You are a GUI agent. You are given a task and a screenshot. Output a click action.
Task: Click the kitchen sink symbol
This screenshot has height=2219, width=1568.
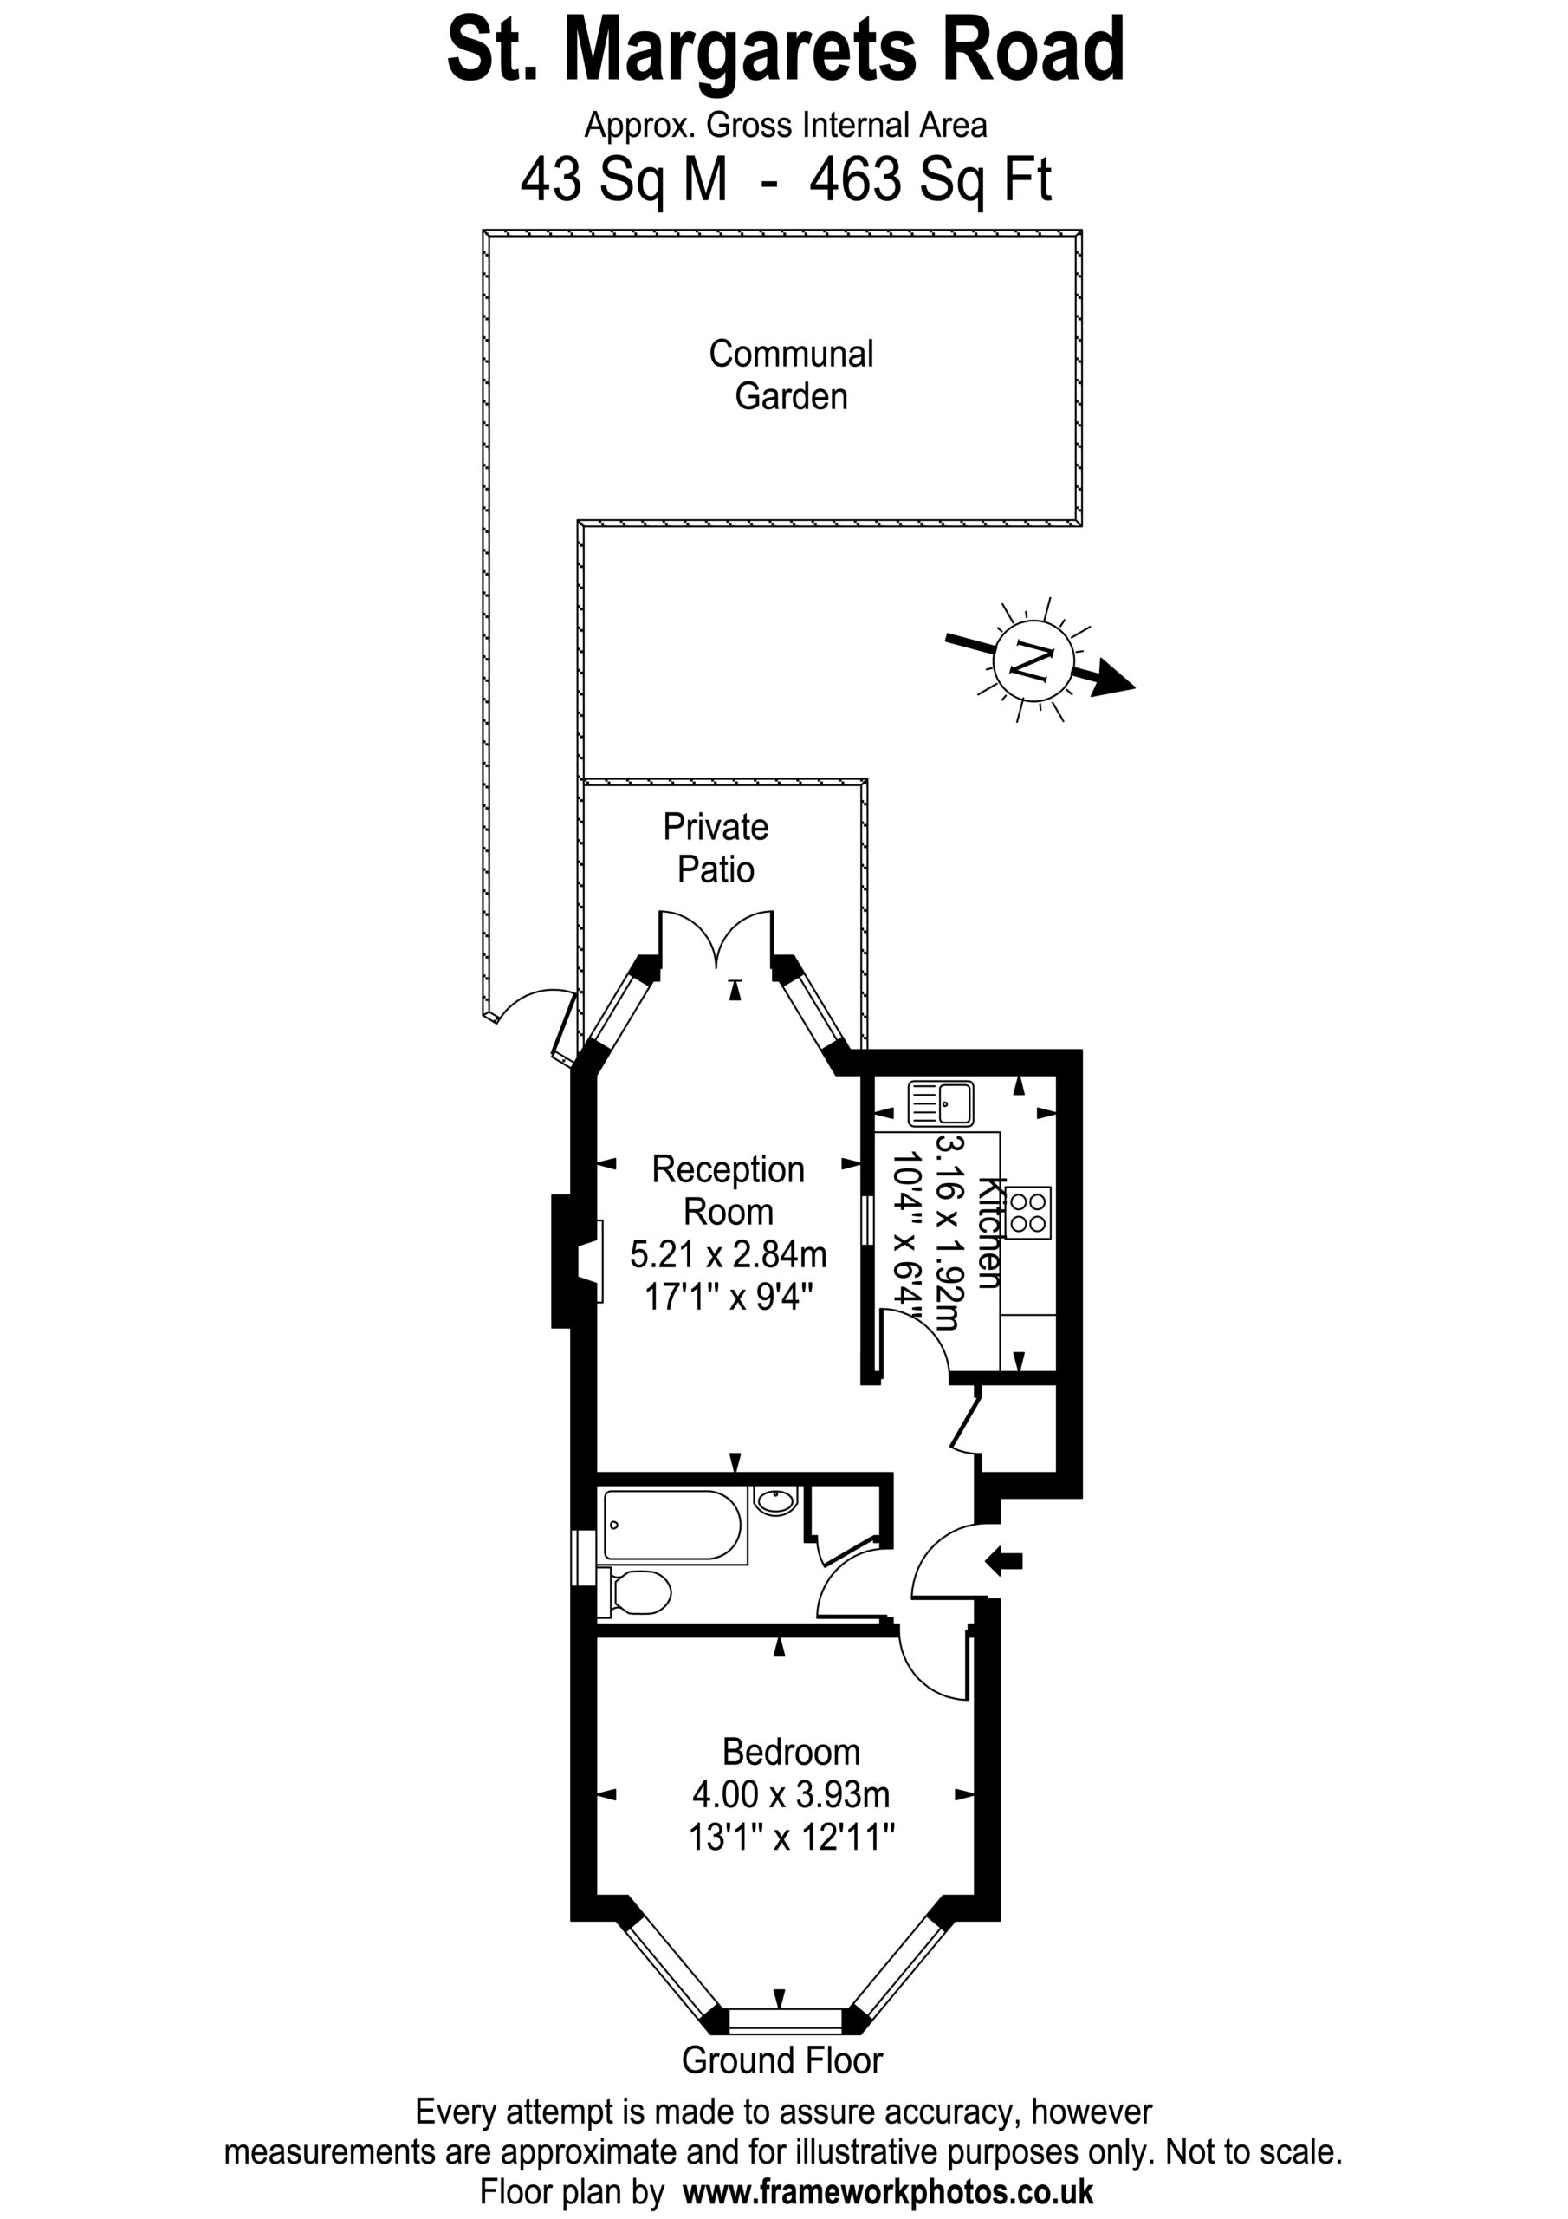click(x=940, y=1103)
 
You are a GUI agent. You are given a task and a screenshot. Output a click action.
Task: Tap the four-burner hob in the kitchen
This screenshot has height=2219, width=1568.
click(x=1027, y=1213)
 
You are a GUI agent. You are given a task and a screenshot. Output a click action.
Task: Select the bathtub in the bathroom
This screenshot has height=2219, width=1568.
click(x=674, y=1526)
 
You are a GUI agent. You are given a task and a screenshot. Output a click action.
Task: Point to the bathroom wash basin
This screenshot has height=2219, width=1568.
click(x=774, y=1501)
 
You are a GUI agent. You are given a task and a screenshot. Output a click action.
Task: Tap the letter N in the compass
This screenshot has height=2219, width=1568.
click(x=1031, y=661)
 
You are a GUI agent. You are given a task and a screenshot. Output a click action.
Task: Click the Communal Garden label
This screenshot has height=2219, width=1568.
click(x=791, y=375)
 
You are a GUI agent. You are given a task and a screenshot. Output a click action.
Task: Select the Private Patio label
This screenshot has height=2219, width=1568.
click(x=716, y=848)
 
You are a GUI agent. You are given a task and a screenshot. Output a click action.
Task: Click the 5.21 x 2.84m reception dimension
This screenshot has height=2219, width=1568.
click(x=729, y=1254)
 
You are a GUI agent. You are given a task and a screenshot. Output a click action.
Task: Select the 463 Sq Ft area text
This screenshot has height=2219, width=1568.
click(x=931, y=179)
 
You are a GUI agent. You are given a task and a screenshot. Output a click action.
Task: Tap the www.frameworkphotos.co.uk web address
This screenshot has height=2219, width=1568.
click(x=888, y=2191)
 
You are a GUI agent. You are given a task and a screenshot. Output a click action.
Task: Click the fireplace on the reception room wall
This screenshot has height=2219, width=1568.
click(x=577, y=1260)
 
